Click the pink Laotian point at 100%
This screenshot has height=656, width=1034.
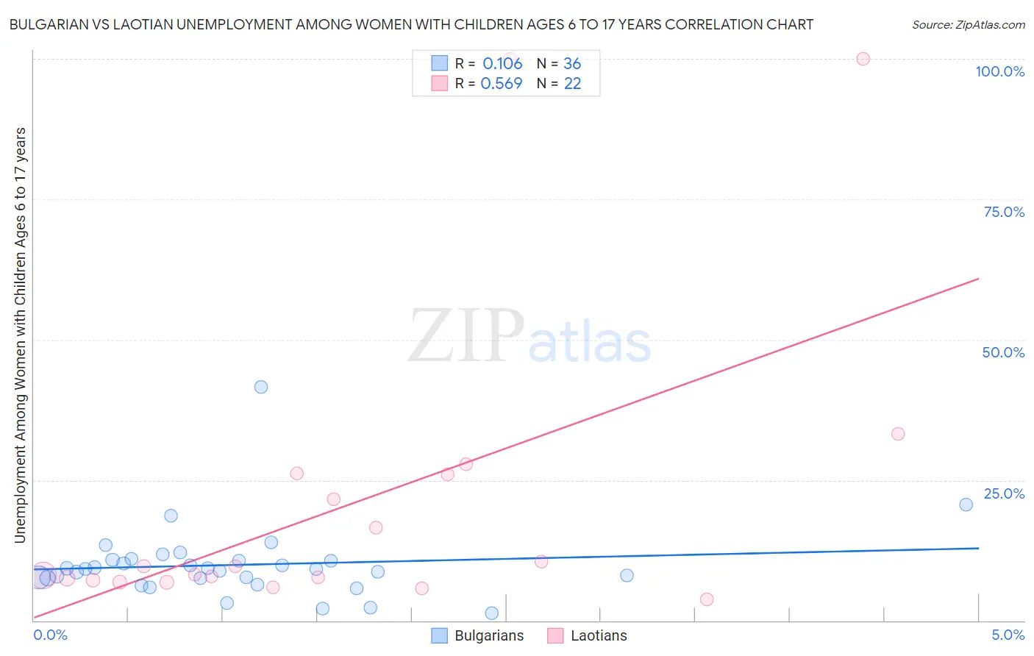coord(863,59)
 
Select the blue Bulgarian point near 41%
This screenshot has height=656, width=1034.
coord(261,387)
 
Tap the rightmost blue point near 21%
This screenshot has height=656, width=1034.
coord(966,505)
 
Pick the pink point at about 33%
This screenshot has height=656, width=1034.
coord(898,434)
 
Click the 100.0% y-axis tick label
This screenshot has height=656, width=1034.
coord(999,71)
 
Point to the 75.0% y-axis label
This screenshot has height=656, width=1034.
coord(1004,212)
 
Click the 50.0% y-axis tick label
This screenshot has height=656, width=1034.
coord(1003,352)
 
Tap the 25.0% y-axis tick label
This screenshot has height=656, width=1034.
coord(1004,493)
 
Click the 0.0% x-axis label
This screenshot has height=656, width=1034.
coord(50,635)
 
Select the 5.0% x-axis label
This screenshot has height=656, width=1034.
coord(1008,635)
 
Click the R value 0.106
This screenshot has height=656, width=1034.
coord(502,64)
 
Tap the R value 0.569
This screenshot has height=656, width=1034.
coord(502,84)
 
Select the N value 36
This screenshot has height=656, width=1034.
coord(572,64)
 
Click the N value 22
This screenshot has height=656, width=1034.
coord(572,84)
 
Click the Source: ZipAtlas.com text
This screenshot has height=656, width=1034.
coord(969,25)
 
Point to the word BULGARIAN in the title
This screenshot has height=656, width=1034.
coord(50,25)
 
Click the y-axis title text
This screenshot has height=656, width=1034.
coord(21,335)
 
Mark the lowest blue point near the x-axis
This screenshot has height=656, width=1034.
coord(492,613)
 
